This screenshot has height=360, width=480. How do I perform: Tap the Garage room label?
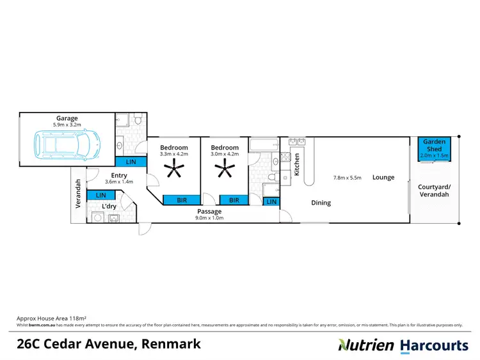(x=67, y=118)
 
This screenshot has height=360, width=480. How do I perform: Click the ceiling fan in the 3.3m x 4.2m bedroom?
(x=173, y=170)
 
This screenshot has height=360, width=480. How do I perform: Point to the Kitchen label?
(x=296, y=165)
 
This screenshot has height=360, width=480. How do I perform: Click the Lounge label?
(x=383, y=177)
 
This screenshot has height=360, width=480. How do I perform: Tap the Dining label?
(x=321, y=203)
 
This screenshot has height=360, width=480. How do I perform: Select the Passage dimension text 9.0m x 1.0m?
(x=209, y=218)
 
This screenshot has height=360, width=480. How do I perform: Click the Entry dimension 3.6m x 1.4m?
(x=119, y=182)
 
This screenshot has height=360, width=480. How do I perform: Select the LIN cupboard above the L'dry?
(x=100, y=194)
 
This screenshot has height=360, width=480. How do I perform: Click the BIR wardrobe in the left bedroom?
(x=183, y=200)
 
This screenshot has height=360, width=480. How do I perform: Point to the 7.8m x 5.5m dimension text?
(x=348, y=177)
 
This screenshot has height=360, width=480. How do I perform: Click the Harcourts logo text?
(x=434, y=345)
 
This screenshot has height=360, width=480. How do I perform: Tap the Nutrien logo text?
(x=365, y=345)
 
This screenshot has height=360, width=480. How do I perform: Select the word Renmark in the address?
(x=172, y=344)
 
